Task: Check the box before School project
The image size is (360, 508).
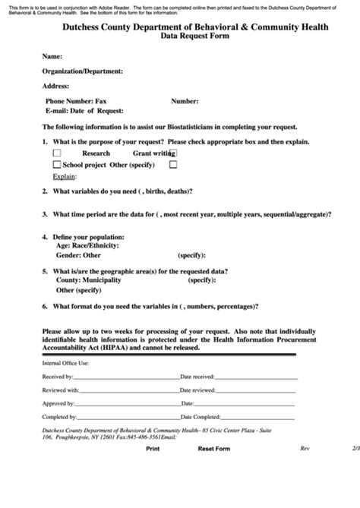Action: point(57,164)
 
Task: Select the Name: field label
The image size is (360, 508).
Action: point(52,57)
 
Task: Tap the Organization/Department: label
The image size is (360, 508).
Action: point(82,71)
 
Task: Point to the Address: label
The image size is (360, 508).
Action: point(56,86)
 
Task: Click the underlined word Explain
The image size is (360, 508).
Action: point(64,175)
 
